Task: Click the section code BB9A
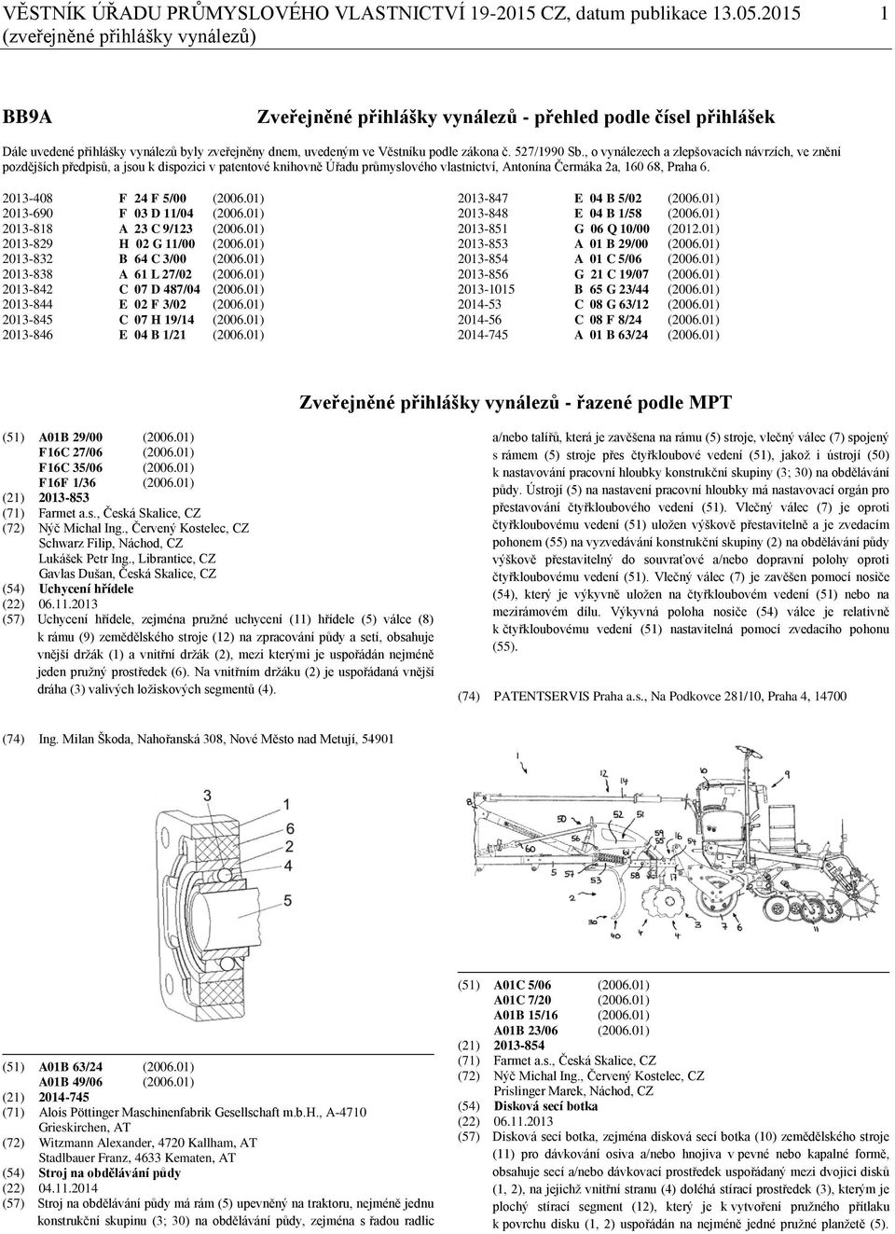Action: (27, 117)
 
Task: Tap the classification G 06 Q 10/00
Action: (612, 229)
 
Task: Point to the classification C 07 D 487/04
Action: (159, 289)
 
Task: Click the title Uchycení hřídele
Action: (86, 589)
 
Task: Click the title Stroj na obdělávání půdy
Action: (109, 1172)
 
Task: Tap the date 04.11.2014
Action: (67, 1188)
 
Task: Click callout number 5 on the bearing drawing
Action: (288, 900)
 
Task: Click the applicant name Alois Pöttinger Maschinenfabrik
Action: (167, 1112)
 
